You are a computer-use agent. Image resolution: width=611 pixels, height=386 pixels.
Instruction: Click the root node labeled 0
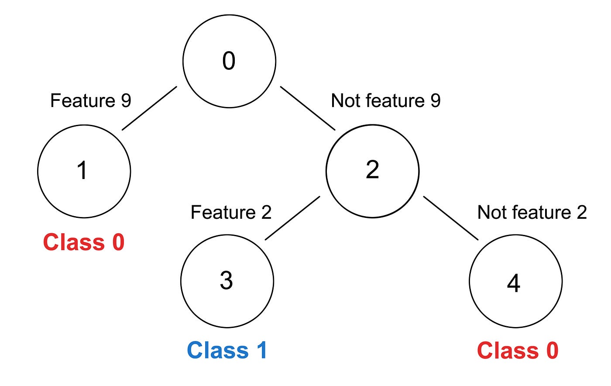tap(229, 62)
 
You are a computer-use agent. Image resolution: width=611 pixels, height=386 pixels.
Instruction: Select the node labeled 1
tap(84, 172)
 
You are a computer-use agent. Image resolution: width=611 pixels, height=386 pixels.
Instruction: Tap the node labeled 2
tap(373, 171)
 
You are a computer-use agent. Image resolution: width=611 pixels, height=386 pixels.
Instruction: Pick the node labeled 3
tap(227, 281)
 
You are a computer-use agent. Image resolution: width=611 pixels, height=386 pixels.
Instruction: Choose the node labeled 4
tap(516, 281)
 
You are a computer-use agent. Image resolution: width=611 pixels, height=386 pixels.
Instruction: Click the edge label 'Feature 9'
tap(91, 100)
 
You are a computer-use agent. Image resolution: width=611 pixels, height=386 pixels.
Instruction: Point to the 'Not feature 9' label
tap(386, 100)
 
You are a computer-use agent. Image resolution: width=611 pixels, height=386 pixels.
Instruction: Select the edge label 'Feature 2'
tap(231, 212)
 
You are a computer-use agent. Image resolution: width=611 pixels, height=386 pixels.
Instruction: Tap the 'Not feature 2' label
tap(532, 212)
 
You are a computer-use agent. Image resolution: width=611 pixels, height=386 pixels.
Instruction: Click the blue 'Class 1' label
tap(227, 350)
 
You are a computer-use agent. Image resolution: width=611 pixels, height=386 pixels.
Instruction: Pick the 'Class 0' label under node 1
tap(84, 242)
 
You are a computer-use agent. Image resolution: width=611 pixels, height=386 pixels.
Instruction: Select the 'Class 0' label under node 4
tap(518, 350)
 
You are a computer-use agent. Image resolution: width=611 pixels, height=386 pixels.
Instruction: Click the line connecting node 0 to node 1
tap(149, 108)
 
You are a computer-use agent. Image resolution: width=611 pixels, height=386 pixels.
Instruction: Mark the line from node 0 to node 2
tap(308, 108)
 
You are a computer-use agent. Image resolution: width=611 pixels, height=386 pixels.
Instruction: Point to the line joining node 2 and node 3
tap(292, 218)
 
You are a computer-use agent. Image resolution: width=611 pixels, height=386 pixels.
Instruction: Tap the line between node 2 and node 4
tap(450, 218)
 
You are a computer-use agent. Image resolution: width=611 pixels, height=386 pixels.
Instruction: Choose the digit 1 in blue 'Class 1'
tap(262, 350)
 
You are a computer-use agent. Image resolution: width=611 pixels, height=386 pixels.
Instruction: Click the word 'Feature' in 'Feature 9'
tap(83, 100)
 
